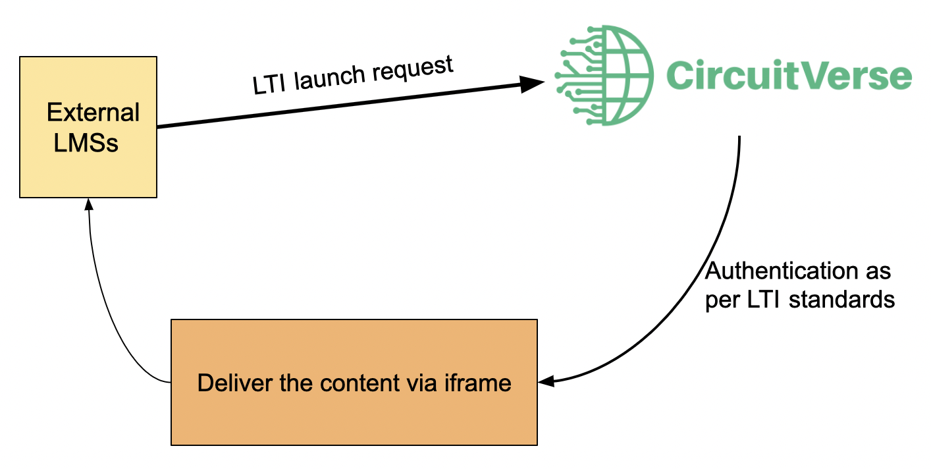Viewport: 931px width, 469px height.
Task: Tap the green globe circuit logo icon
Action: click(604, 75)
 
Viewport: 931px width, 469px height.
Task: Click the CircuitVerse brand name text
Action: click(788, 76)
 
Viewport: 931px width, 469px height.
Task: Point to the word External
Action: click(93, 113)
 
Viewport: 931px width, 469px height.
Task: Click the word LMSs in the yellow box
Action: click(86, 142)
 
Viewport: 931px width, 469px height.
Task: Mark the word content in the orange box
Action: click(360, 382)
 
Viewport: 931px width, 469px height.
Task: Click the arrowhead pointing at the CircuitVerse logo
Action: click(532, 83)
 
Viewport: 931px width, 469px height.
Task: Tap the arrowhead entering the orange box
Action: click(545, 381)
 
